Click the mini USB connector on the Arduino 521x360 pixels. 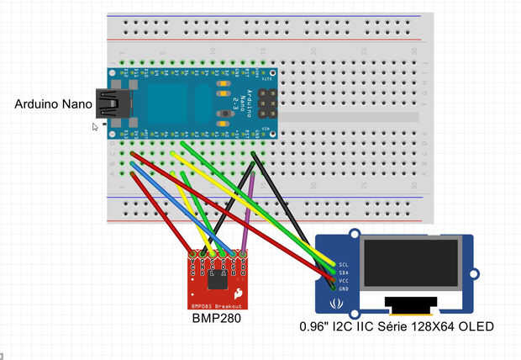[x=108, y=103]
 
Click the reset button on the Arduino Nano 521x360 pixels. [x=224, y=113]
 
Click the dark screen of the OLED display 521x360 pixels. [x=410, y=262]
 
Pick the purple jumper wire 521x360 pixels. [x=248, y=210]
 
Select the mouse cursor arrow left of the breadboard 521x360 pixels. [x=96, y=127]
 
